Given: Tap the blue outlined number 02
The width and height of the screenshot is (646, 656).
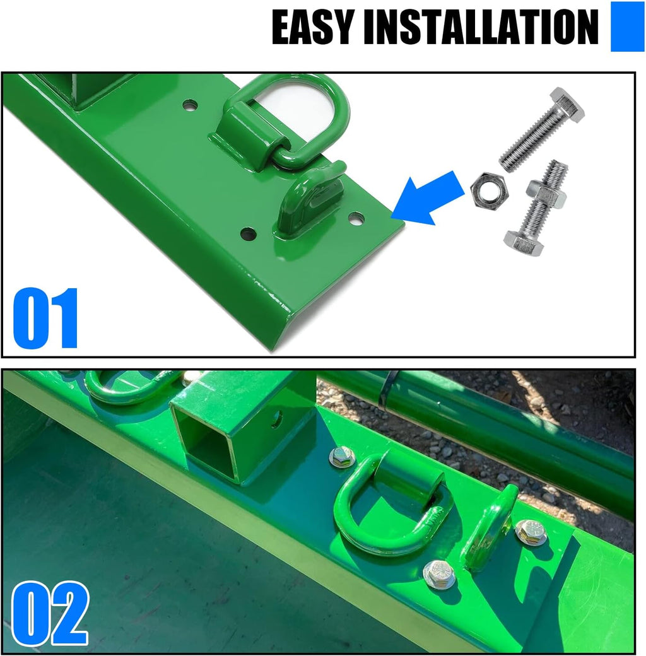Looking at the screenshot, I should click(50, 613).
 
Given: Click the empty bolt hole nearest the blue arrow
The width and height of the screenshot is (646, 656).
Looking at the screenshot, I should click(356, 219).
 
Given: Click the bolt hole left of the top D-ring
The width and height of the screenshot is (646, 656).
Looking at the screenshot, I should click(190, 105).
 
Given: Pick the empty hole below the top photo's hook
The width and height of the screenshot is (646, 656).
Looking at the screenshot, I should click(249, 235).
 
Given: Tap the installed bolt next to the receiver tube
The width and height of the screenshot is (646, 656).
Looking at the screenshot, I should click(343, 456).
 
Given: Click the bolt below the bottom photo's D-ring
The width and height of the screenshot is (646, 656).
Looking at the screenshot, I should click(438, 574).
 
